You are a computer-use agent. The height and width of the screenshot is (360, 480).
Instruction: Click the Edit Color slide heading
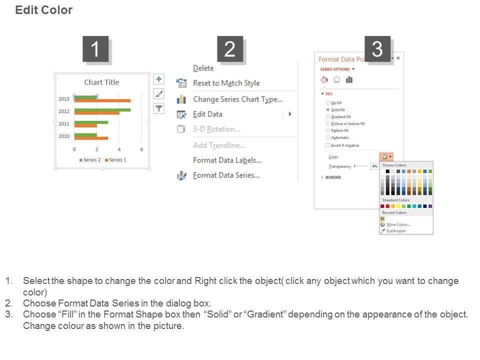tap(43, 10)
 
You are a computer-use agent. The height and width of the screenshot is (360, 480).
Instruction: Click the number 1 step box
tap(95, 49)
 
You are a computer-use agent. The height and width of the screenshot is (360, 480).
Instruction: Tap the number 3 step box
tap(377, 49)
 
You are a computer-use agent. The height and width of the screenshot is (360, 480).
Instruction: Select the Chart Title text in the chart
tap(101, 82)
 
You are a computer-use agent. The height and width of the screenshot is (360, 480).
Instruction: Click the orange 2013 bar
tap(102, 100)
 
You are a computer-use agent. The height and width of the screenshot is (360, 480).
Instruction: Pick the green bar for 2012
tap(102, 109)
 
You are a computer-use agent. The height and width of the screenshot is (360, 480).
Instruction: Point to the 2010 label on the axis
tap(64, 136)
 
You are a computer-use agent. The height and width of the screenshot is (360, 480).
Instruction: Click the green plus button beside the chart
tap(159, 79)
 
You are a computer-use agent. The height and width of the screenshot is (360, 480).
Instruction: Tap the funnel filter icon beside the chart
tap(159, 108)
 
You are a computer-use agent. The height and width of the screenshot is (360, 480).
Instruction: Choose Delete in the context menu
tap(203, 68)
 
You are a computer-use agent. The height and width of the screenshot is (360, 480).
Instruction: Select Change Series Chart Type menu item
tap(237, 99)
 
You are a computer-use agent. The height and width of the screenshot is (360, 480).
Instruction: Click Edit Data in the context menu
tap(207, 114)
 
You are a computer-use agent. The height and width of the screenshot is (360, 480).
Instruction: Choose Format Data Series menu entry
tap(226, 175)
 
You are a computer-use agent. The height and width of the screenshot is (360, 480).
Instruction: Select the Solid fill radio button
tap(328, 109)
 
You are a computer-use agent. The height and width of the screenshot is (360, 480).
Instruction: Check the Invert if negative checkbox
tap(328, 145)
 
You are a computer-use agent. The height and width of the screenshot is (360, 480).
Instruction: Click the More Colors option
tap(398, 224)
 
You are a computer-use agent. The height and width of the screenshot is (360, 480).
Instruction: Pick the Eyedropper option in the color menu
tap(396, 230)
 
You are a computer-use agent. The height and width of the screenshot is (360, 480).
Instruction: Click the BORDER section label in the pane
tap(333, 177)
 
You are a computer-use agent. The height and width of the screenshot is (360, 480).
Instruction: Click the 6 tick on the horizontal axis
tap(141, 149)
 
